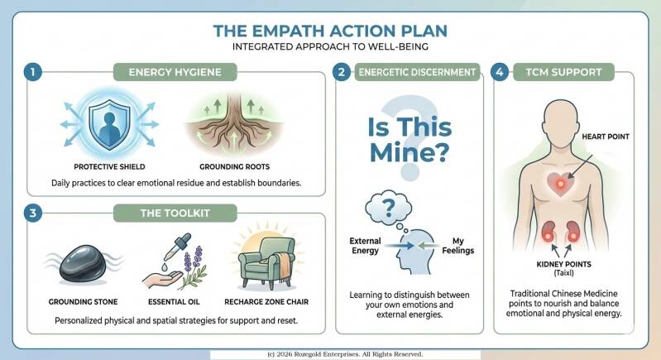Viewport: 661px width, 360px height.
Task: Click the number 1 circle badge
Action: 33,72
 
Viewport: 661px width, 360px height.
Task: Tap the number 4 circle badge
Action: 500,72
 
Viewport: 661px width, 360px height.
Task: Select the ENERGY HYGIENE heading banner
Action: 175,72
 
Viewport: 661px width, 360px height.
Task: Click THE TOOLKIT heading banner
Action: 175,213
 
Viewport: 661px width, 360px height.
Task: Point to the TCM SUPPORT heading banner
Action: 563,72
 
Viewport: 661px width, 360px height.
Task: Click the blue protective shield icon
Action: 109,124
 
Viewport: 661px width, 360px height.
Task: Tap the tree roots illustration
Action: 234,124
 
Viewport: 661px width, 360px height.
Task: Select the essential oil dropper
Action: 177,247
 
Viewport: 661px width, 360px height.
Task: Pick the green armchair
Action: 266,263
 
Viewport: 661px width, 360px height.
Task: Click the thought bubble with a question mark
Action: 388,208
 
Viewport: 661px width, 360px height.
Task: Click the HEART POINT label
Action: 606,137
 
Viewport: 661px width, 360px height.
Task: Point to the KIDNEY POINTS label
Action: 563,264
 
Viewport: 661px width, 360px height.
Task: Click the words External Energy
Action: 365,246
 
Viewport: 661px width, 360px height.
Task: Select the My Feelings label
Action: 457,246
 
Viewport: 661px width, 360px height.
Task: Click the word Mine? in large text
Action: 410,152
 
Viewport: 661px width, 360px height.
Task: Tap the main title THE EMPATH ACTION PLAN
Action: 330,31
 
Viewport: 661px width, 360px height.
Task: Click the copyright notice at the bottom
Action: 345,354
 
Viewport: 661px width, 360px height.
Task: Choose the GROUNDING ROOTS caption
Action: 234,166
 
